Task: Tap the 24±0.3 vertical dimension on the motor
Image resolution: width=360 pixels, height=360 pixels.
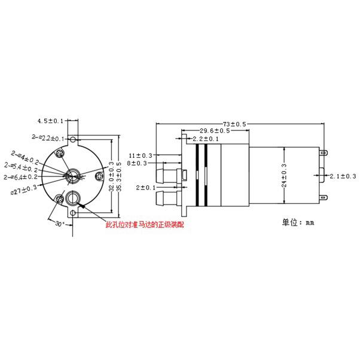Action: [283, 176]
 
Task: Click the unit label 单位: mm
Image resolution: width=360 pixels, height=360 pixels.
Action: [297, 222]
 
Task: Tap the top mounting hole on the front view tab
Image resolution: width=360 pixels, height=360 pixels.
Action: [73, 140]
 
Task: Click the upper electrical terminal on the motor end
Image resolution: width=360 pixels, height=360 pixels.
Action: [324, 154]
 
